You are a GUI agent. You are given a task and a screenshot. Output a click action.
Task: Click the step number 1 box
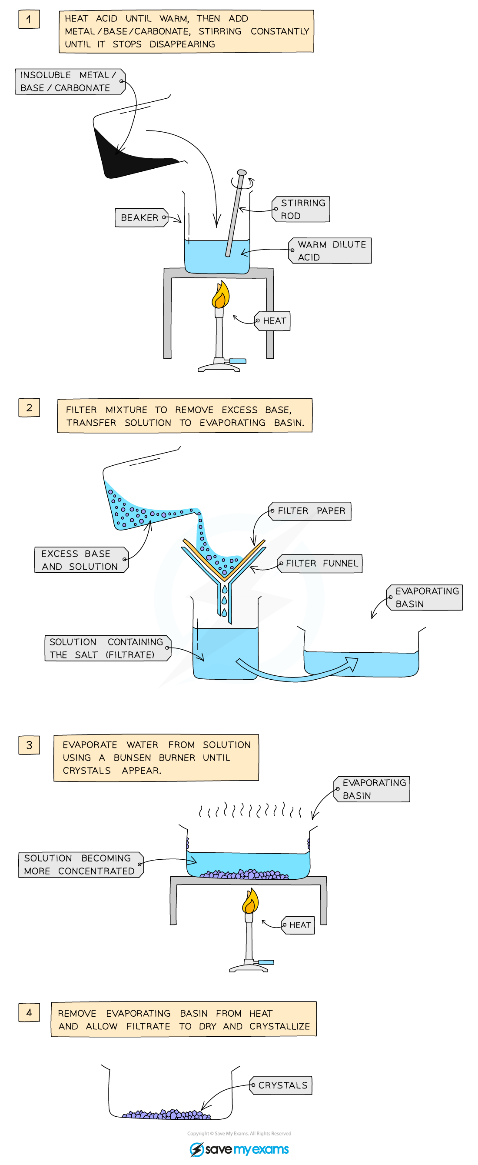29,20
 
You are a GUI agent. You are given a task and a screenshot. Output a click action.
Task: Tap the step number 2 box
29,407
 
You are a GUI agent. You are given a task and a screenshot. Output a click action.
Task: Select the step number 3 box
29,745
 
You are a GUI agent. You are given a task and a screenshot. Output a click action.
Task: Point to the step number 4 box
29,1012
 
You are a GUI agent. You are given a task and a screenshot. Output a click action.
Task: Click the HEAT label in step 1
273,320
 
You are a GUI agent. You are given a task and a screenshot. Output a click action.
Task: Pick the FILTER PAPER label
310,511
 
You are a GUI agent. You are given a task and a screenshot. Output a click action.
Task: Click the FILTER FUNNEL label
320,564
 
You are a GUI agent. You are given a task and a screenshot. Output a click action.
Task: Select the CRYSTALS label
282,1085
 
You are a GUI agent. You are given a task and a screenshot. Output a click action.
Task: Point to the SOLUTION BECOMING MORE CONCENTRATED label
80,864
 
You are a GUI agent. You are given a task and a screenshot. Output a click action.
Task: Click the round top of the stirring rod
242,173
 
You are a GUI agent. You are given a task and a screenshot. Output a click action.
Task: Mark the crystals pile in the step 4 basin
167,1114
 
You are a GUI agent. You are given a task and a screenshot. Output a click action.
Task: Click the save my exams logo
239,1149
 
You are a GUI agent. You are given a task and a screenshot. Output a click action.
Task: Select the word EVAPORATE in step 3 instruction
90,745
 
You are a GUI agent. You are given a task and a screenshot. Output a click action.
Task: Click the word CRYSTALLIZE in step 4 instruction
279,1026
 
